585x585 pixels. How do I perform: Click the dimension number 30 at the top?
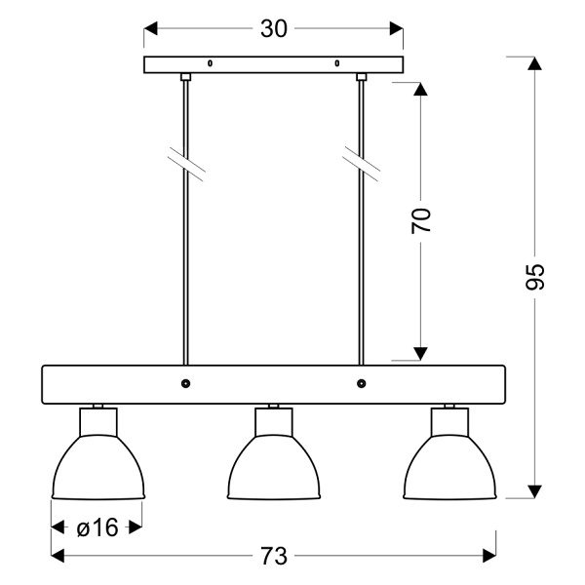pos(274,28)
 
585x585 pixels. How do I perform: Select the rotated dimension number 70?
pos(421,221)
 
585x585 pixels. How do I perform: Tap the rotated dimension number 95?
pos(534,277)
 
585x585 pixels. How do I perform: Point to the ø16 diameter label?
pos(97,527)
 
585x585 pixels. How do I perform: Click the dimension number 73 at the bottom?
pos(274,557)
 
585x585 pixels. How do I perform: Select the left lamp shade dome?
pos(98,467)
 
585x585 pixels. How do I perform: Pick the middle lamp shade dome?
pos(274,467)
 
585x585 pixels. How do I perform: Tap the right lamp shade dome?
pos(449,467)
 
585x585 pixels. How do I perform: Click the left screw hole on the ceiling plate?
pos(210,63)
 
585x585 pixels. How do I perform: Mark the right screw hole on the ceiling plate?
pos(337,63)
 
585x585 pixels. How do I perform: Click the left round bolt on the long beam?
pos(185,383)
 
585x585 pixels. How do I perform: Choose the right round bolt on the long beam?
pos(361,383)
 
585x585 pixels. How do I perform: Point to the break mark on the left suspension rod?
pos(186,164)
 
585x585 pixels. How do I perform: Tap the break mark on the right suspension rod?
pos(361,164)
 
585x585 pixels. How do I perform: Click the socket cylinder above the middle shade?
pos(274,422)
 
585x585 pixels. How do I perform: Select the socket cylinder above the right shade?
pos(449,422)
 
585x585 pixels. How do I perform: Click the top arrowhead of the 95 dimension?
pos(534,63)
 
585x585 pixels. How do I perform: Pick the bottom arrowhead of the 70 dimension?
pos(421,354)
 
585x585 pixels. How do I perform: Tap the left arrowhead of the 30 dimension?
pos(151,28)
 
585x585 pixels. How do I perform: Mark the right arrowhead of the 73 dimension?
pos(489,556)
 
